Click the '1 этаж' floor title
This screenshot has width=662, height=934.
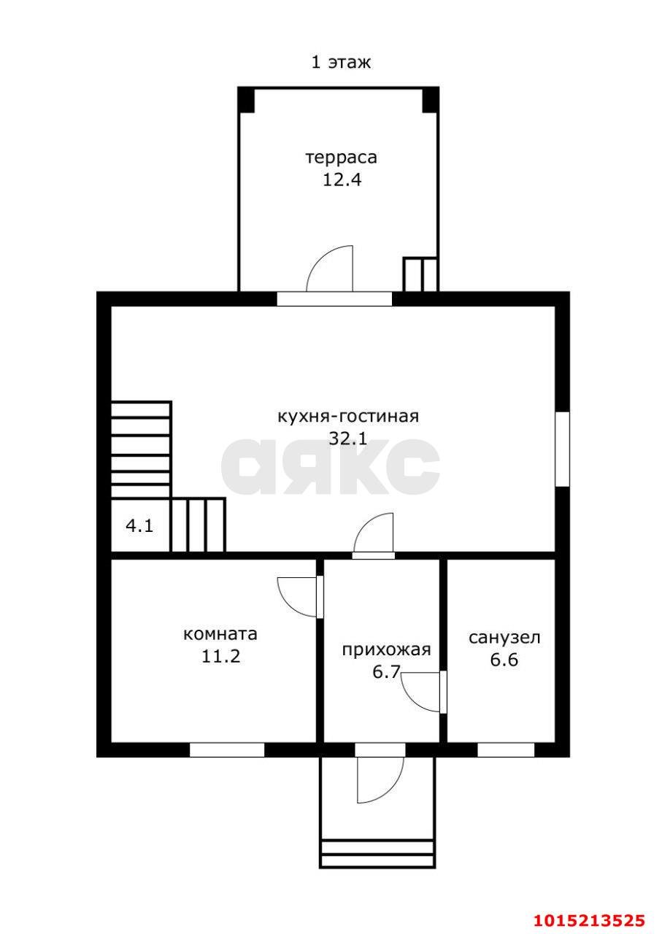[x=341, y=62]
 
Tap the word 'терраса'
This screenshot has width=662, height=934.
[x=342, y=157]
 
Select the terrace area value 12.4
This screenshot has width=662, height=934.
[x=342, y=180]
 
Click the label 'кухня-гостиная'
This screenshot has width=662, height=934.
[x=347, y=417]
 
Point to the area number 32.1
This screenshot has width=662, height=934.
[x=347, y=439]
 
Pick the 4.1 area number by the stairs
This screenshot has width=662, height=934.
[x=139, y=525]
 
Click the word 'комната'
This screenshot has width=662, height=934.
[x=220, y=633]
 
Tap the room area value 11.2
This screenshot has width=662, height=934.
[x=220, y=656]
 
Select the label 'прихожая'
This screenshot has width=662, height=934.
[x=386, y=649]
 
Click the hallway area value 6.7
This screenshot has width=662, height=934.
[x=386, y=671]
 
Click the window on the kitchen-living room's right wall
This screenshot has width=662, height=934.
[x=562, y=449]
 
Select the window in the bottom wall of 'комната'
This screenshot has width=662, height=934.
[x=227, y=749]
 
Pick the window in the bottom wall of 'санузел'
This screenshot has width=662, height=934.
[x=506, y=749]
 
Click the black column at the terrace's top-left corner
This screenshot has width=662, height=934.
[x=246, y=99]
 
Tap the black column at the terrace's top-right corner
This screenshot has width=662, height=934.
[x=431, y=99]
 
